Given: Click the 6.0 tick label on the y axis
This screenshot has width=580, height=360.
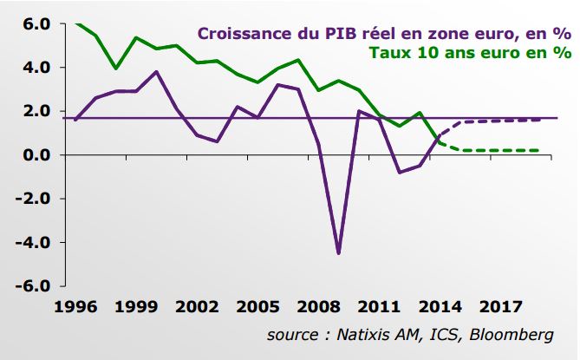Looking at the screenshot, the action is pyautogui.click(x=36, y=24).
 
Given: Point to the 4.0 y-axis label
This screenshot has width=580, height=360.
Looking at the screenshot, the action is pyautogui.click(x=36, y=68).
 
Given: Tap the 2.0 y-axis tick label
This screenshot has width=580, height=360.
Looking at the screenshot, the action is pyautogui.click(x=36, y=111).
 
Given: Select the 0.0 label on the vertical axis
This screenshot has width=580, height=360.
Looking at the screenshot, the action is pyautogui.click(x=36, y=155).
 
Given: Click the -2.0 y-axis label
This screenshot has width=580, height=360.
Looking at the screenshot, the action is pyautogui.click(x=33, y=199).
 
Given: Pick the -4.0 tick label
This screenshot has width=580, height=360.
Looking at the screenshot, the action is pyautogui.click(x=33, y=243).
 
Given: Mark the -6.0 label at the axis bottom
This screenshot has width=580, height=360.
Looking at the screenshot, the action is pyautogui.click(x=33, y=286).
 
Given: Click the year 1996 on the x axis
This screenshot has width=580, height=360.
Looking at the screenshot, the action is pyautogui.click(x=75, y=307).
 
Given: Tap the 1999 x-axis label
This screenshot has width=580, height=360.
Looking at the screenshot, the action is pyautogui.click(x=136, y=307).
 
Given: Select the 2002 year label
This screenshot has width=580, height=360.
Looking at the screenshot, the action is pyautogui.click(x=197, y=307).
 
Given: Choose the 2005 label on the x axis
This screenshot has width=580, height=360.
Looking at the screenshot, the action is pyautogui.click(x=257, y=307).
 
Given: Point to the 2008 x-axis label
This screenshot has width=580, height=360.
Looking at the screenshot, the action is pyautogui.click(x=318, y=307).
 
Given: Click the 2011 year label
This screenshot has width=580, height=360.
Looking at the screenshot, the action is pyautogui.click(x=379, y=307).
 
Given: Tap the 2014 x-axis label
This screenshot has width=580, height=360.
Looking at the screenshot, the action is pyautogui.click(x=440, y=307).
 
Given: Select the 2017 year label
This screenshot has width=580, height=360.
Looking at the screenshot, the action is pyautogui.click(x=500, y=307).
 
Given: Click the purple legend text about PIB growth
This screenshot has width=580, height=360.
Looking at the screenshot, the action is pyautogui.click(x=385, y=34).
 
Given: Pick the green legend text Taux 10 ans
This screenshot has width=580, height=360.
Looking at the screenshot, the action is pyautogui.click(x=471, y=53).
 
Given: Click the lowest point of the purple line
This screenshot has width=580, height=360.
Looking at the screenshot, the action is pyautogui.click(x=338, y=253).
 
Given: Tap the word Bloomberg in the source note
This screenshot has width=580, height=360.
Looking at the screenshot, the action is pyautogui.click(x=512, y=335).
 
